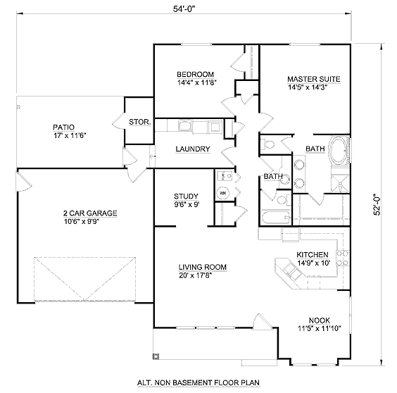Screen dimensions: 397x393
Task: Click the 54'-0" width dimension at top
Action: click(x=184, y=9)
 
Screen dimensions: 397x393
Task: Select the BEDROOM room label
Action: click(x=195, y=75)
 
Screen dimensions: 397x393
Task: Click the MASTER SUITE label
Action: click(x=314, y=79)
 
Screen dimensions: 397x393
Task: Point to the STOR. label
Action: click(x=140, y=122)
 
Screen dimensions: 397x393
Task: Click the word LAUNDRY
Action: click(x=193, y=149)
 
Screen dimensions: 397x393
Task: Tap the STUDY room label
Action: click(x=186, y=196)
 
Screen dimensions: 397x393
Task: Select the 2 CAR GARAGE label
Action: click(x=90, y=213)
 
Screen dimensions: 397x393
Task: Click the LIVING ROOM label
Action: click(x=203, y=267)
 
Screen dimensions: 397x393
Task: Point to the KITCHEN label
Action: click(x=313, y=255)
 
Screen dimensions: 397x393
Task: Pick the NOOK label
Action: click(x=320, y=320)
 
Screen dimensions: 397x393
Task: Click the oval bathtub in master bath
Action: click(x=339, y=151)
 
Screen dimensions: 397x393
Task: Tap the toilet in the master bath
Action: click(x=268, y=144)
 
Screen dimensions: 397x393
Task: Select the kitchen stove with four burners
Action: click(x=343, y=258)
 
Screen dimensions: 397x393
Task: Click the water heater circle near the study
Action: click(x=222, y=193)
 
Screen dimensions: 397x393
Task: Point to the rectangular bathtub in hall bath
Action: click(x=275, y=218)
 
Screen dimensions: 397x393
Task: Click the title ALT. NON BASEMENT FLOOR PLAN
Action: click(x=198, y=382)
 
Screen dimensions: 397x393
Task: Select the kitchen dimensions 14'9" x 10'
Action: click(x=314, y=263)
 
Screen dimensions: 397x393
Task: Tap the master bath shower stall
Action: click(x=340, y=183)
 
